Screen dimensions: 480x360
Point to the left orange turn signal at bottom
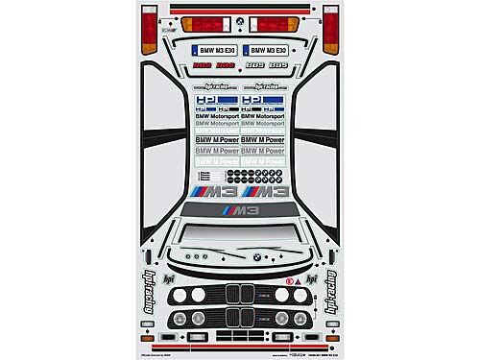(x=147, y=338)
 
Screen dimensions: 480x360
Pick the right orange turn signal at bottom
(x=331, y=338)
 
